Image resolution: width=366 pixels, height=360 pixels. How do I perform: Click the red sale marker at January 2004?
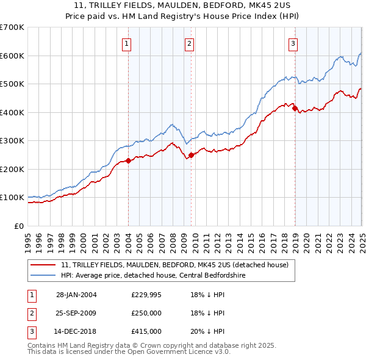[x=129, y=161]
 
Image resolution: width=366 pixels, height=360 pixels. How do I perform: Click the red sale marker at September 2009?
[x=192, y=155]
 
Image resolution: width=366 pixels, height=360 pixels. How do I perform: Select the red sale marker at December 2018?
[x=295, y=109]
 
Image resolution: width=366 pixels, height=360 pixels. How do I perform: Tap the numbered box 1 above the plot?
[x=126, y=43]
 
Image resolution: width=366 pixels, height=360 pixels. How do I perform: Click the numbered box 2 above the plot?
[x=190, y=43]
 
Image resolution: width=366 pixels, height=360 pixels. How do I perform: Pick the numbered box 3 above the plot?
[x=293, y=43]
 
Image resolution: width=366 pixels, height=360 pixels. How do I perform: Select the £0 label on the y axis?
[x=19, y=226]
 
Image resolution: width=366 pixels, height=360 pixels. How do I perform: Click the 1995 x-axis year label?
[x=28, y=237]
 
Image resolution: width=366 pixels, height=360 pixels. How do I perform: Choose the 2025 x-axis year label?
[x=362, y=237]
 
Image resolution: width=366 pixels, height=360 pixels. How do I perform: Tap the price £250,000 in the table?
[x=146, y=313]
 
